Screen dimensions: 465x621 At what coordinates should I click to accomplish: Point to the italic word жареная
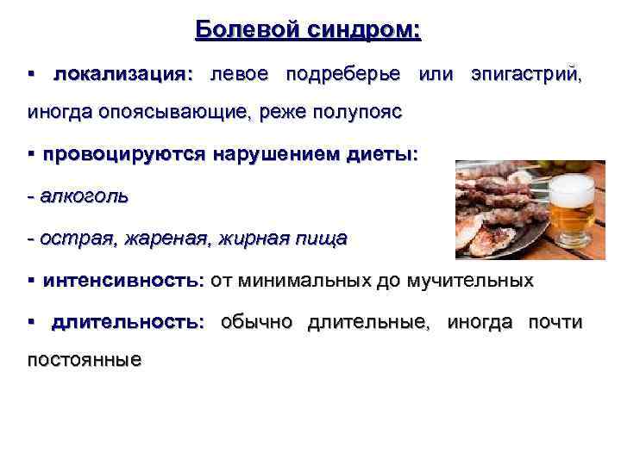point(164,239)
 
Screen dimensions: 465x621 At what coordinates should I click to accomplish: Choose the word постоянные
point(84,359)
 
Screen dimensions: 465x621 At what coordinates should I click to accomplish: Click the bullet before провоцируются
point(30,155)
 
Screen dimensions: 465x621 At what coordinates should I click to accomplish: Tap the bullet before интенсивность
point(30,281)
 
